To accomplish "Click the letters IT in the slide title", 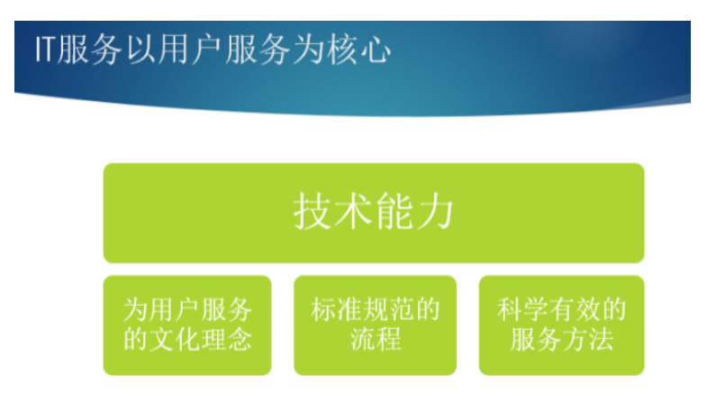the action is (46, 50).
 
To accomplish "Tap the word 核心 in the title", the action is (359, 50).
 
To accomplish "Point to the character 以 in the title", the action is (141, 50).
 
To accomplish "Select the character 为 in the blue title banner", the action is (309, 50).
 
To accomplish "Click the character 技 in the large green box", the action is (313, 211).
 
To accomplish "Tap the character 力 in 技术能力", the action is (434, 211).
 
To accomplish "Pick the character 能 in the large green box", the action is (394, 211).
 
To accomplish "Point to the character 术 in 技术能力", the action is (353, 211).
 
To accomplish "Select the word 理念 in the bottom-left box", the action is (226, 339).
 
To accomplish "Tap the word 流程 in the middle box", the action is (376, 339).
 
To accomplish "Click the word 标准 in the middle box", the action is (336, 310).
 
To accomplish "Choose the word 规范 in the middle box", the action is (388, 310).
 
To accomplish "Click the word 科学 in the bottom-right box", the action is (522, 310).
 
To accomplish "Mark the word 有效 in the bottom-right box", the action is (575, 310).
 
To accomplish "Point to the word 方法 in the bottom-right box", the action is (587, 339).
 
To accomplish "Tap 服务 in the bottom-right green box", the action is (536, 339).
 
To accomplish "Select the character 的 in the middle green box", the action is (427, 310).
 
